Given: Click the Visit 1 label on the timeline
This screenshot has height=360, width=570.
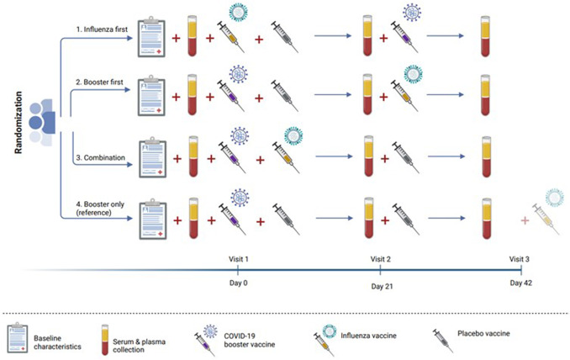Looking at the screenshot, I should pos(237,259).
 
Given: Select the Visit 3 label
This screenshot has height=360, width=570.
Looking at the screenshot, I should pos(521,259).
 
